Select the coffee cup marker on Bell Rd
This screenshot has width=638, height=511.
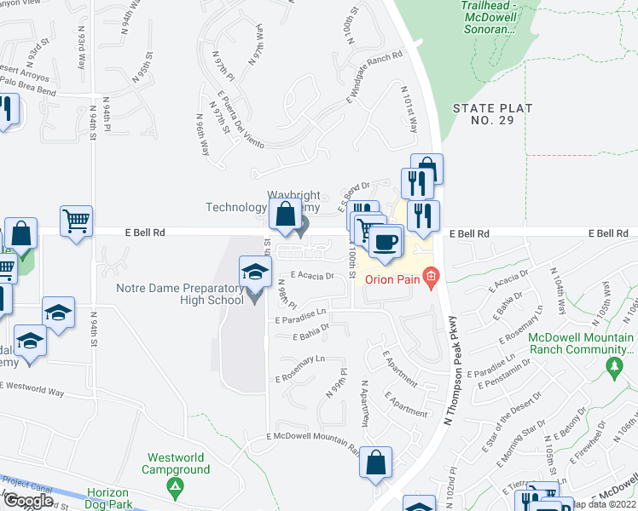(x=385, y=242)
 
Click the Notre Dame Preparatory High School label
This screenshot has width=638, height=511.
(x=179, y=294)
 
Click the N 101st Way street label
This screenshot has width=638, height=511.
(x=409, y=108)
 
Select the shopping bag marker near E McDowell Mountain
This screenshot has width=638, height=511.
(x=375, y=463)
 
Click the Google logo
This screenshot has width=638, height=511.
(x=28, y=501)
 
